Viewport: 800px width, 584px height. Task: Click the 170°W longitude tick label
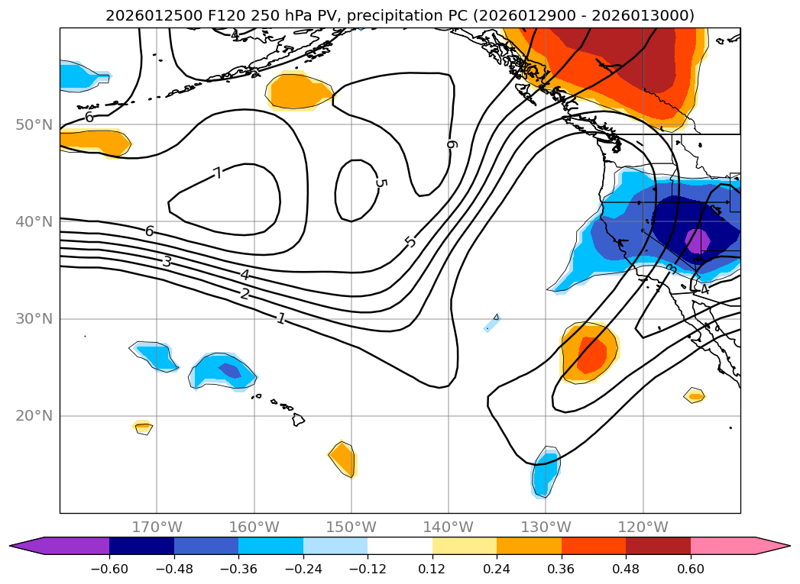(157, 528)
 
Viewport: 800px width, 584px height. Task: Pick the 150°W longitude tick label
(351, 528)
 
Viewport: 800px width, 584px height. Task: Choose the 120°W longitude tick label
(643, 528)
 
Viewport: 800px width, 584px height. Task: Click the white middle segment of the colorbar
(400, 545)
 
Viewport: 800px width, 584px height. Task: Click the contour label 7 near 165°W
(218, 173)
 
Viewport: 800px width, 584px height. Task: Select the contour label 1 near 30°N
(281, 318)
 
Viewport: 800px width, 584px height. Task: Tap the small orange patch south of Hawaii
(344, 459)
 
